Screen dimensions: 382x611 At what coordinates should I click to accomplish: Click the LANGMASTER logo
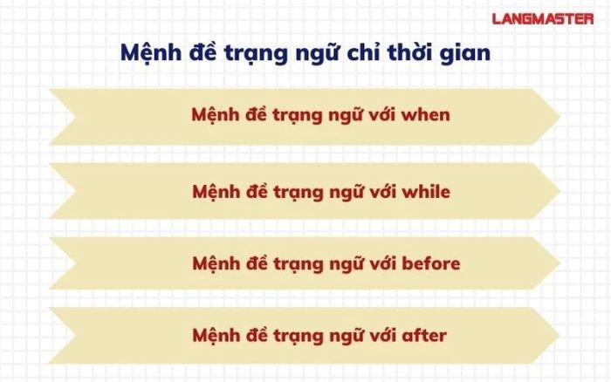543,17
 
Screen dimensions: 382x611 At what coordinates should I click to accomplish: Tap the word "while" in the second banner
427,190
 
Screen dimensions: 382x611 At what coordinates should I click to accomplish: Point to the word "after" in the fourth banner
424,335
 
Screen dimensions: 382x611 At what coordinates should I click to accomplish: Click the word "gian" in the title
467,53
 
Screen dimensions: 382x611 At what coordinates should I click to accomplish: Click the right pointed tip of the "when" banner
558,116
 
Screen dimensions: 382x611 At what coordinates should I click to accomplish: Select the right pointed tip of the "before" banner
558,263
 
